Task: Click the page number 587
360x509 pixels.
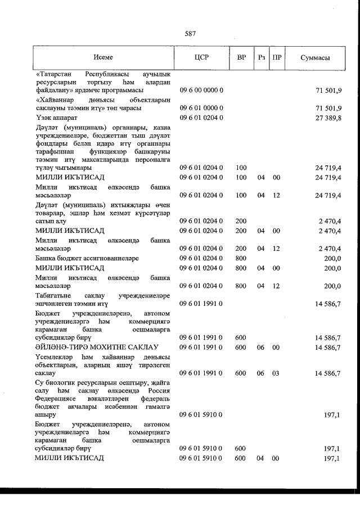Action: pos(190,33)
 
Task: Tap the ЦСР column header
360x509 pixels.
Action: pos(201,57)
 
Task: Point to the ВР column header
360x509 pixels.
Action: pos(241,57)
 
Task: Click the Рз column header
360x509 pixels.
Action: pos(260,57)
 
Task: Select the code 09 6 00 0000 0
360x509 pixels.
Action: pos(202,90)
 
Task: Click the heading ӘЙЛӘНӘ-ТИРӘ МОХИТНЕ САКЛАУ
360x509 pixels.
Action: pos(97,348)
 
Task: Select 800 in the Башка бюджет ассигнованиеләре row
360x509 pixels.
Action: pos(241,258)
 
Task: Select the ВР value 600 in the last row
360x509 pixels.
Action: pos(241,458)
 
